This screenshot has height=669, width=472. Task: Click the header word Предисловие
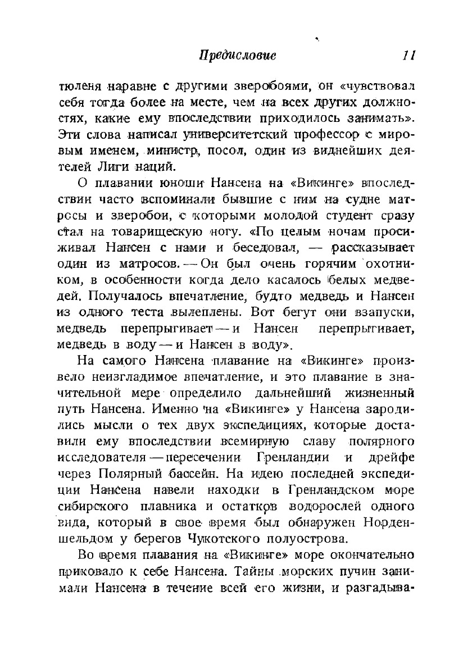point(238,56)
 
